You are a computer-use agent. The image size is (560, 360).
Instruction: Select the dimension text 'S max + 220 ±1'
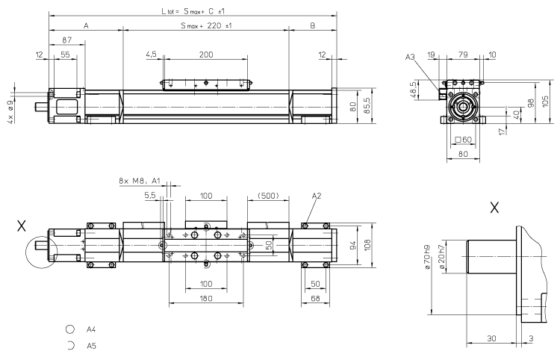pyautogui.click(x=205, y=26)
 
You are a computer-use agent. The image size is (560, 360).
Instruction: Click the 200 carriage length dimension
pyautogui.click(x=206, y=55)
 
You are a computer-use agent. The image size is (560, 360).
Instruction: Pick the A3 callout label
pyautogui.click(x=409, y=56)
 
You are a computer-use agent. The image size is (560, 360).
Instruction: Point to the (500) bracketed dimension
pyautogui.click(x=267, y=196)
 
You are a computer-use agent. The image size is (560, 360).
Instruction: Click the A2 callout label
pyautogui.click(x=316, y=196)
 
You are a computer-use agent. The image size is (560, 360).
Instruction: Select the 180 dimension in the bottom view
pyautogui.click(x=206, y=298)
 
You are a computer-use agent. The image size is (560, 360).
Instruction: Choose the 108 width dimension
pyautogui.click(x=366, y=243)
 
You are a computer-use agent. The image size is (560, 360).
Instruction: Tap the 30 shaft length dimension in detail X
pyautogui.click(x=490, y=338)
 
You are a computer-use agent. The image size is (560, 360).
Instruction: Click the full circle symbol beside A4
pyautogui.click(x=69, y=329)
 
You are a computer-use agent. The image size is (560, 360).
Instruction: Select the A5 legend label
pyautogui.click(x=91, y=346)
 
